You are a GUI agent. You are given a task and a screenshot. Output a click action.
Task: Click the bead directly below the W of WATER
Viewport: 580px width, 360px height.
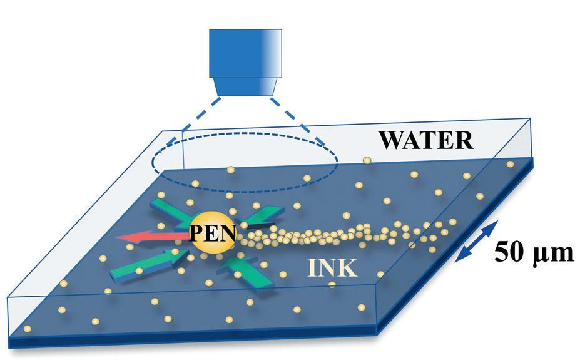(367, 161)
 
